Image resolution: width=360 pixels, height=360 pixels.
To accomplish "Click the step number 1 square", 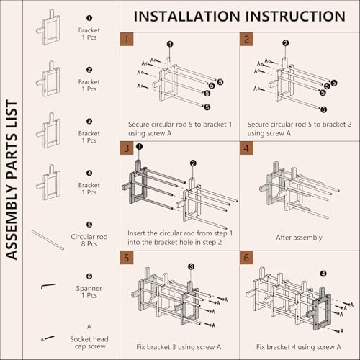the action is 127,39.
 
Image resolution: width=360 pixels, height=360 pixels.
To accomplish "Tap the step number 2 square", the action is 246,39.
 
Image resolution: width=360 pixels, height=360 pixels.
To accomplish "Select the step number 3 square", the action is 127,148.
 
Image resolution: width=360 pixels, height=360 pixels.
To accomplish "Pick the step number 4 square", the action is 246,148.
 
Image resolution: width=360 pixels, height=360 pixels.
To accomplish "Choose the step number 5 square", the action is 127,258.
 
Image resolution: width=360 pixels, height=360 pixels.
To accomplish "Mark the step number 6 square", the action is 246,258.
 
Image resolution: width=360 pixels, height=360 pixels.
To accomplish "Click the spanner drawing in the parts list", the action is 48,286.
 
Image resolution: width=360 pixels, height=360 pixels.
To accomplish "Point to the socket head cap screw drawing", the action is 48,338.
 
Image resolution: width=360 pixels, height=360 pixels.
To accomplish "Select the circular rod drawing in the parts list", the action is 48,240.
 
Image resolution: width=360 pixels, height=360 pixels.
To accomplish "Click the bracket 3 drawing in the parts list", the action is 49,130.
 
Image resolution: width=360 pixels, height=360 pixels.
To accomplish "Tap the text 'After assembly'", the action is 299,238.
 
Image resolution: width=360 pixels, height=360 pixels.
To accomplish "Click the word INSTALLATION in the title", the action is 187,17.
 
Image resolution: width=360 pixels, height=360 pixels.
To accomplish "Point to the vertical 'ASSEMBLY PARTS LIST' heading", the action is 12,180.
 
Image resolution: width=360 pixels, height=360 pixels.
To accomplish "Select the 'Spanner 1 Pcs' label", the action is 89,292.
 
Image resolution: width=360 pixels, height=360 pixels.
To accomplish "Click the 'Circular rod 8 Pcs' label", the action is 89,240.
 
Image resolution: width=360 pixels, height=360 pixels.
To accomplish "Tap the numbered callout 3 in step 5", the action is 191,266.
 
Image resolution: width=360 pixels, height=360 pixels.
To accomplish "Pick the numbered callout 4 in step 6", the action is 323,274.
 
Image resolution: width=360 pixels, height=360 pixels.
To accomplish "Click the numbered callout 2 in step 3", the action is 193,163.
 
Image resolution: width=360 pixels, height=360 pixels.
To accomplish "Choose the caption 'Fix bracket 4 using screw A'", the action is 299,347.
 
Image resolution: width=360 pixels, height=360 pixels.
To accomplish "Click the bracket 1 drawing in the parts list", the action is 49,27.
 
